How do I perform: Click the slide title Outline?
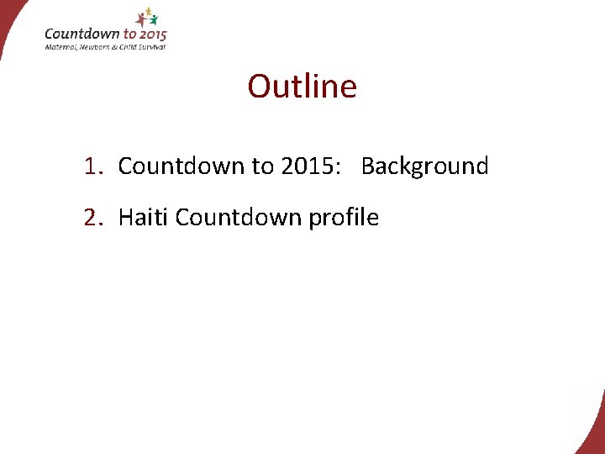302,87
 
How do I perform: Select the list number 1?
91,166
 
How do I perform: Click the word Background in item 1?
424,166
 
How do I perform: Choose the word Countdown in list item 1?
181,166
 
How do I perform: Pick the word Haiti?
144,218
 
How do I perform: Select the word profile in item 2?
344,218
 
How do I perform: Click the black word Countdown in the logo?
82,34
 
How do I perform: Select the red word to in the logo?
129,34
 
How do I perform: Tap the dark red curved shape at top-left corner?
10,21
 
